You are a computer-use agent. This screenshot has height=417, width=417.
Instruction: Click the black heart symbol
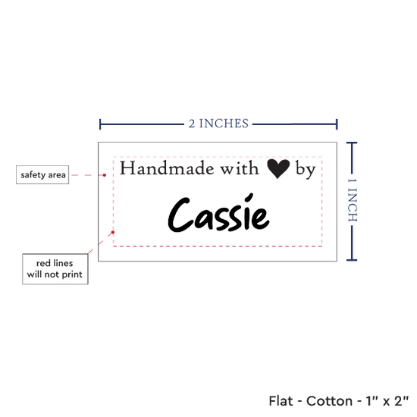(278, 169)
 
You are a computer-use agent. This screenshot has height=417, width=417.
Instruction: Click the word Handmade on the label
(167, 168)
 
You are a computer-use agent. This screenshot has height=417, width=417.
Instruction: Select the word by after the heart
(306, 170)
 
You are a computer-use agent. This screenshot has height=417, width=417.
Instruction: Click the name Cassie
(218, 214)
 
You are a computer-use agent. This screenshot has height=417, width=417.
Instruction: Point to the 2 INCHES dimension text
(218, 124)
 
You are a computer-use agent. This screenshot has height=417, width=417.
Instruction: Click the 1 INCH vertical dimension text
(353, 200)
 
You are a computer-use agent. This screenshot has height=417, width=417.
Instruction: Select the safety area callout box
(42, 174)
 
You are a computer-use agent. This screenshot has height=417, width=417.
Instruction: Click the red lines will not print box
(55, 269)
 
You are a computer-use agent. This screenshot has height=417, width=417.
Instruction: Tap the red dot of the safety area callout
(105, 175)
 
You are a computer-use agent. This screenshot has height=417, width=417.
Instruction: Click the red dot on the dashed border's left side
(113, 232)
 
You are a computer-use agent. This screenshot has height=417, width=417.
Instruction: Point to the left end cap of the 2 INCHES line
(100, 124)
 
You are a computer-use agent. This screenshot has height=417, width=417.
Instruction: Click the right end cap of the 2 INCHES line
(337, 124)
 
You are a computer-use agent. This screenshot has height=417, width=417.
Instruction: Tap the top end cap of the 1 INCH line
(352, 143)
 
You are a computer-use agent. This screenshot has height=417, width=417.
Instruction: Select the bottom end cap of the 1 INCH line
(352, 260)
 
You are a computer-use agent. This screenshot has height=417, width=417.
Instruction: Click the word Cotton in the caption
(329, 401)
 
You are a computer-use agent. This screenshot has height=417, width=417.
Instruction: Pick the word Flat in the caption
(281, 401)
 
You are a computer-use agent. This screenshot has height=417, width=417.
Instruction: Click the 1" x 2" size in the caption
(387, 401)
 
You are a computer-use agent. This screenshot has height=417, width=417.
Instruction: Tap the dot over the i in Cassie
(249, 198)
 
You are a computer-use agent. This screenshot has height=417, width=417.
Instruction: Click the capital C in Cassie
(179, 215)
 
